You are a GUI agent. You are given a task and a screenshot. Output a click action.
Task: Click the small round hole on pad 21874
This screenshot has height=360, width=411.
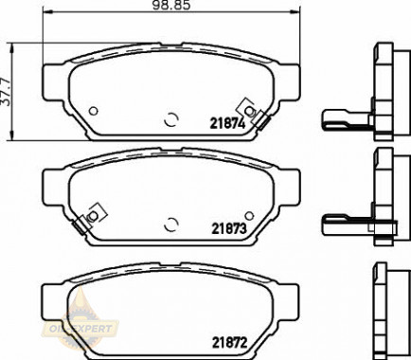[93, 111]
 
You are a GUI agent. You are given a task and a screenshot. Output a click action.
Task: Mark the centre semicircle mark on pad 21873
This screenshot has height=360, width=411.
[171, 224]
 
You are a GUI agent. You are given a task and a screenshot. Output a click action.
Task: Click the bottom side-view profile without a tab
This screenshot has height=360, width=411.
[384, 308]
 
